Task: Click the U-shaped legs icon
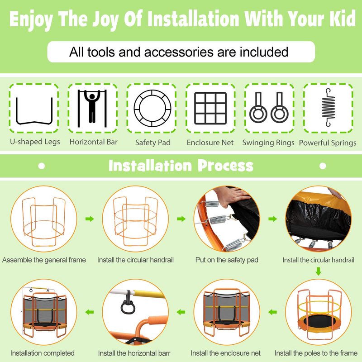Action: pos(34,122)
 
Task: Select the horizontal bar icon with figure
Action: pos(92,108)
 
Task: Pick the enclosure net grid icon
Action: pos(210,108)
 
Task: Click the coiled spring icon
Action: pos(328,108)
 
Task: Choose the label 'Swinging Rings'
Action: pos(268,143)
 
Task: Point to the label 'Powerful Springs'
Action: pos(328,143)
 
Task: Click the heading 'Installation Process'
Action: pos(181,166)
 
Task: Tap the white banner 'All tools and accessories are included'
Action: pos(181,52)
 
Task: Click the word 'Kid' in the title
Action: pos(343,19)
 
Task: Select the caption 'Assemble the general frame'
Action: pos(44,260)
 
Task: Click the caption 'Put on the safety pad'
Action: pos(227,260)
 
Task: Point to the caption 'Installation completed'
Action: pos(43,353)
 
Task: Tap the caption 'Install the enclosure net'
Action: pos(225,353)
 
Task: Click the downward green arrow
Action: pos(319,271)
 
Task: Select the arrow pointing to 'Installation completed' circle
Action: pos(90,312)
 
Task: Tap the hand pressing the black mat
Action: pos(231,196)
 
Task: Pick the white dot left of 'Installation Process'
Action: pos(42,166)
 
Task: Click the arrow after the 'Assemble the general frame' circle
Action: pos(90,219)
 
